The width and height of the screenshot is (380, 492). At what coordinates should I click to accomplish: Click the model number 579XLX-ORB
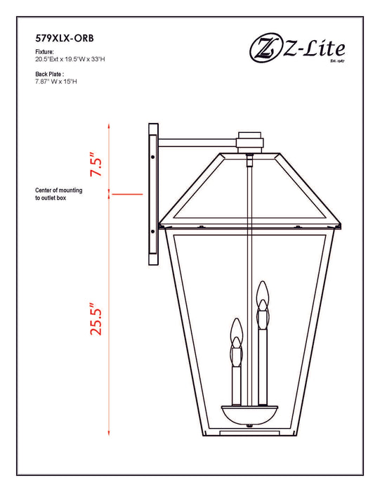point(64,39)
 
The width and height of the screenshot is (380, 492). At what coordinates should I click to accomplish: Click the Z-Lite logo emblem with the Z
point(262,48)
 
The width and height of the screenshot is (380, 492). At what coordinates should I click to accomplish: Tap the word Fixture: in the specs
point(45,53)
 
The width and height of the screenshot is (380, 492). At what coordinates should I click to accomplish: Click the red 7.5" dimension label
point(96,166)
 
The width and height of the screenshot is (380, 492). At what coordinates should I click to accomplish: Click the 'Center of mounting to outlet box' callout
point(59,195)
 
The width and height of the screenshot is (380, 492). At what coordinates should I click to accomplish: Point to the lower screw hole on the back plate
point(152,231)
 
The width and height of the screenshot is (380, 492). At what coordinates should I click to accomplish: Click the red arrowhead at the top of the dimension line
point(110,126)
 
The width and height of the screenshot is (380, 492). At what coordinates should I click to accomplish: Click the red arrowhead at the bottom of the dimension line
point(110,433)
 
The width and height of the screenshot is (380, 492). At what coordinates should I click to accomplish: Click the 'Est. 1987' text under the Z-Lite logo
point(336,63)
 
